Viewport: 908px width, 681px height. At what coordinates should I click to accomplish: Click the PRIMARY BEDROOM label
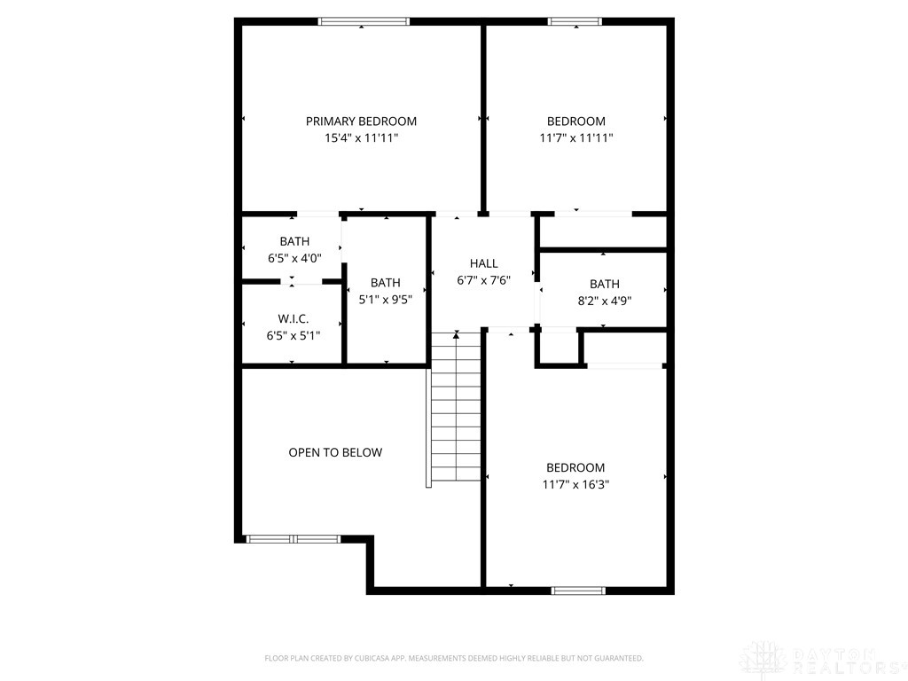click(x=362, y=121)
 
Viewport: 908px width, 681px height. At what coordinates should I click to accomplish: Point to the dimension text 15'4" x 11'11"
click(x=362, y=137)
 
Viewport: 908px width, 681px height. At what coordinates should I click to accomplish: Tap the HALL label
click(x=484, y=263)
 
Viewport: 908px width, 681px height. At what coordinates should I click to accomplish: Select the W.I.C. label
click(x=294, y=318)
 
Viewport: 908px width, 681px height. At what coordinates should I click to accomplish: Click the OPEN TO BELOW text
click(x=335, y=452)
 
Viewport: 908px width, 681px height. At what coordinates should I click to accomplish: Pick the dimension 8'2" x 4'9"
click(x=605, y=301)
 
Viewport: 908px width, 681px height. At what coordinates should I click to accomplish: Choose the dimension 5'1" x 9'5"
click(x=386, y=300)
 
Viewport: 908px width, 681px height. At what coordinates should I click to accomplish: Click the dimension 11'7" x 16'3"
click(x=575, y=484)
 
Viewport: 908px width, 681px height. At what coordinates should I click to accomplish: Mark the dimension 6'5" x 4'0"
click(x=294, y=258)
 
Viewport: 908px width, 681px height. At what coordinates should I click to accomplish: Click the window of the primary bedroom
click(x=364, y=21)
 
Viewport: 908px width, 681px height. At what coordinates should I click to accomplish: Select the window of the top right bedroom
click(x=575, y=21)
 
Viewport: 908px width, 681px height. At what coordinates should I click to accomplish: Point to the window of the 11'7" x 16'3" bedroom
click(x=578, y=591)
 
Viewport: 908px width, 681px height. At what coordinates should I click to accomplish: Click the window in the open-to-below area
click(x=294, y=539)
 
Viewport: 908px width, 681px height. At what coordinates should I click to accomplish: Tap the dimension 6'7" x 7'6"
click(x=484, y=280)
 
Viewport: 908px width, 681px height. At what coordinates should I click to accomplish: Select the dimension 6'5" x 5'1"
click(x=294, y=335)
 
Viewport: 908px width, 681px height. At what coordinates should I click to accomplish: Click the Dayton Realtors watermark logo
click(x=822, y=660)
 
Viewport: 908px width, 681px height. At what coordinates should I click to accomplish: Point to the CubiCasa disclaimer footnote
click(x=454, y=658)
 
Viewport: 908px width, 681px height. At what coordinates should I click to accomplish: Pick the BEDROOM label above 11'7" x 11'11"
click(x=576, y=121)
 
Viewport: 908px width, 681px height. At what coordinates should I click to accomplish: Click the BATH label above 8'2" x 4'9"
click(x=605, y=284)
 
